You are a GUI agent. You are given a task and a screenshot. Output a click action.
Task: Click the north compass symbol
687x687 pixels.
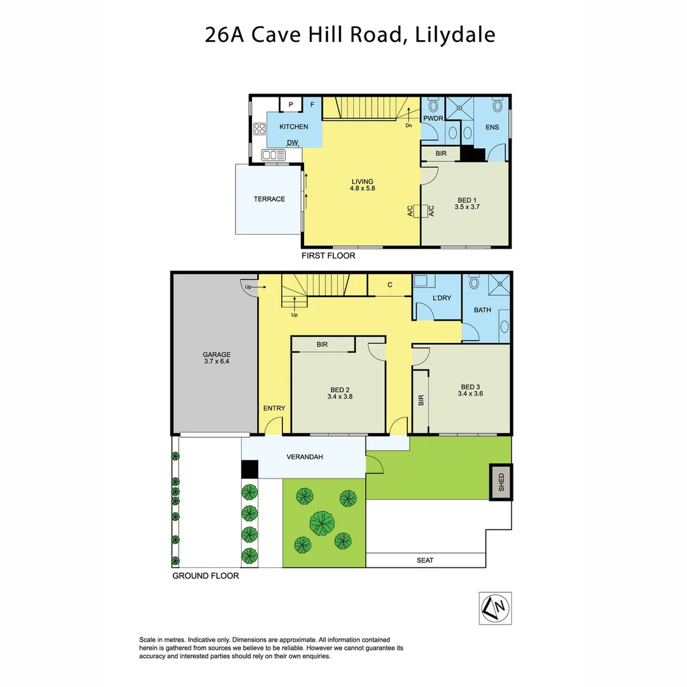(495, 608)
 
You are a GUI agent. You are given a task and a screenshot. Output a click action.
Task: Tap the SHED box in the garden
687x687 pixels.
(501, 482)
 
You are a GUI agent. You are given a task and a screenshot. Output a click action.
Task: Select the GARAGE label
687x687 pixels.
(216, 355)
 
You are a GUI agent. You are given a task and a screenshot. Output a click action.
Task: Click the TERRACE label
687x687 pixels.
(269, 199)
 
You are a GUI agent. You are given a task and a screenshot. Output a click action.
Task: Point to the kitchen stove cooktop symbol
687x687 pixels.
(260, 129)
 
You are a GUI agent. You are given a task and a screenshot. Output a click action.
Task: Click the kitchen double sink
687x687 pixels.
(274, 155)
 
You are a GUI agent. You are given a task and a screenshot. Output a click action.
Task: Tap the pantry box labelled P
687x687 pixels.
(290, 105)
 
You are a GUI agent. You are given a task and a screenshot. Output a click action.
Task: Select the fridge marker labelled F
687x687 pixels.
(312, 105)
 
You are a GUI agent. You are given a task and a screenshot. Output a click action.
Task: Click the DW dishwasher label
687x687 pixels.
(293, 142)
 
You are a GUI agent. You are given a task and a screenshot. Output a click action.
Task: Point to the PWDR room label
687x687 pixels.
(433, 118)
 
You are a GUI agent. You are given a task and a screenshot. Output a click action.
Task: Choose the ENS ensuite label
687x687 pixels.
(492, 127)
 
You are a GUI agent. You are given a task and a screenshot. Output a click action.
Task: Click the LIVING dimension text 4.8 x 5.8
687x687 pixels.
(361, 189)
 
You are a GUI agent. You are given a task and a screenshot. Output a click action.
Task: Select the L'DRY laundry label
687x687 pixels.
(441, 298)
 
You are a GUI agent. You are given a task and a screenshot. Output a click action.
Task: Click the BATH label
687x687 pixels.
(482, 310)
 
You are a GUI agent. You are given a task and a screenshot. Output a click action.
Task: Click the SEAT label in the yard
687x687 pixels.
(425, 560)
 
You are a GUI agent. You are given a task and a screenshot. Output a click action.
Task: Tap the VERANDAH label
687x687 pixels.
(303, 457)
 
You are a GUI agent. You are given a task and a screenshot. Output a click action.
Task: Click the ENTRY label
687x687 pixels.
(274, 408)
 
